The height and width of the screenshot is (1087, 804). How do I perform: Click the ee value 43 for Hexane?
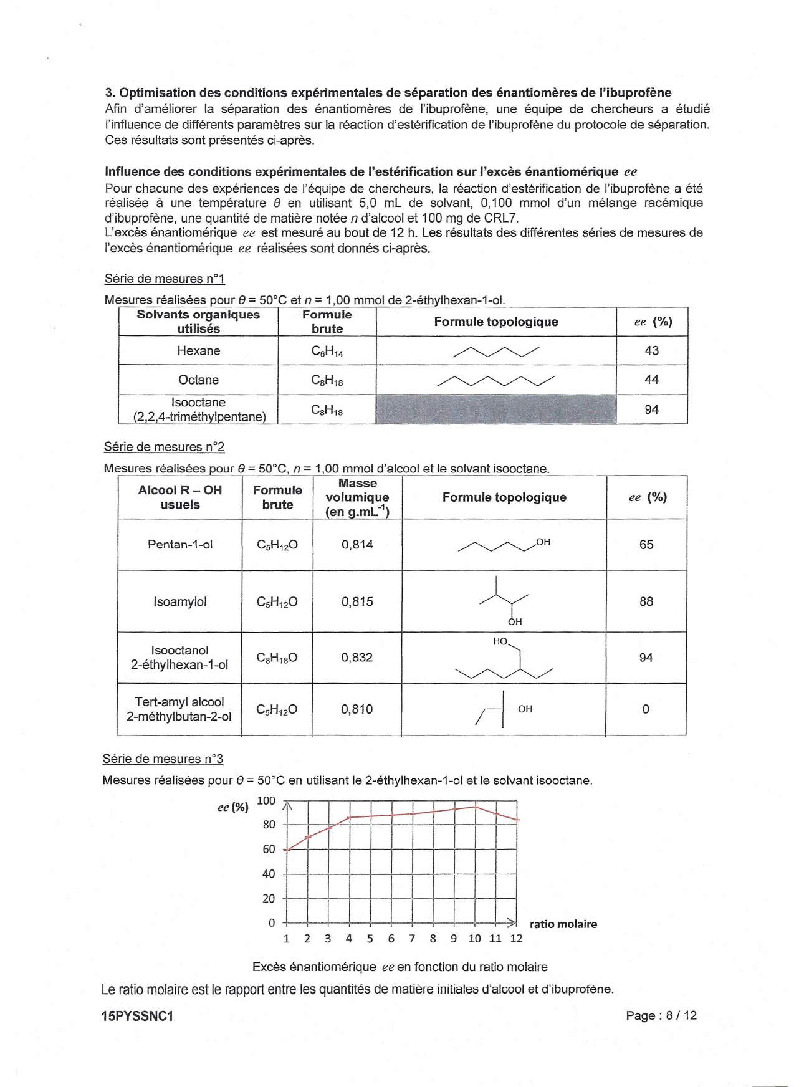[651, 351]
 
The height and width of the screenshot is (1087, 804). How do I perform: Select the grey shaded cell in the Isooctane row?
[496, 409]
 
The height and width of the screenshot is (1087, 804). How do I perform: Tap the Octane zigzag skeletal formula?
[496, 380]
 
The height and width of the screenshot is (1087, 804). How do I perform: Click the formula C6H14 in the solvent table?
[327, 352]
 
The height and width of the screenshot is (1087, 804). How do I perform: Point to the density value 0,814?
[357, 545]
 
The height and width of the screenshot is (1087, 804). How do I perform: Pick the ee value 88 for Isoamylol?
[646, 601]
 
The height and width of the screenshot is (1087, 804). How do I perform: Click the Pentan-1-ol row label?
[180, 545]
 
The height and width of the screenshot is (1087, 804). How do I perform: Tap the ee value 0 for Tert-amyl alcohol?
[646, 709]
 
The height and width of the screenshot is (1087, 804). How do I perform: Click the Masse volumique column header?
[357, 497]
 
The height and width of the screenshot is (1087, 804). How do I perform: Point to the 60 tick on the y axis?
[269, 850]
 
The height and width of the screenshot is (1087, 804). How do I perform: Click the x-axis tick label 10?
[475, 939]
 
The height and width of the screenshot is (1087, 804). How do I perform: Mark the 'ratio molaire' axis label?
[563, 924]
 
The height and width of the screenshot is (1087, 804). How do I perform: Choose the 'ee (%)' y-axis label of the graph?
[232, 807]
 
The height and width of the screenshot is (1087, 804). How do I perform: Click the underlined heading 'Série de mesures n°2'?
[164, 447]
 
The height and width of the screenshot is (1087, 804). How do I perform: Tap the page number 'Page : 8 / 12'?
[661, 1015]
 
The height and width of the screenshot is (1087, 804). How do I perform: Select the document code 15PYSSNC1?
[137, 1016]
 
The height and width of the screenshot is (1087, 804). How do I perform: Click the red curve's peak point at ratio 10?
[476, 807]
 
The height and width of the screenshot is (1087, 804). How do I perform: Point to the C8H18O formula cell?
[277, 658]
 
